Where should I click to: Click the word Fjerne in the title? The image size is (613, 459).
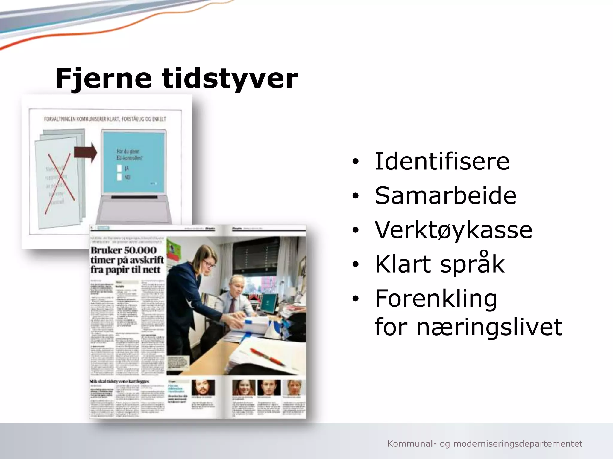(x=104, y=78)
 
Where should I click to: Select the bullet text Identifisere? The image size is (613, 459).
(x=442, y=161)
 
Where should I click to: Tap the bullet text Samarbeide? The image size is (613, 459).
(x=445, y=196)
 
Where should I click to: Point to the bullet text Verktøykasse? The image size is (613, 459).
(x=453, y=230)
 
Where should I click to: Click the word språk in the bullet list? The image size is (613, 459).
(x=472, y=264)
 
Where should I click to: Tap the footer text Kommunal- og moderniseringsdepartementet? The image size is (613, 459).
(x=485, y=444)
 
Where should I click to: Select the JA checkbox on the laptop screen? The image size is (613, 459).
(x=119, y=168)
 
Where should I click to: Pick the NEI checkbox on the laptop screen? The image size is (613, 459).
(x=119, y=177)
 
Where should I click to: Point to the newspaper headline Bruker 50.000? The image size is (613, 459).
(x=123, y=250)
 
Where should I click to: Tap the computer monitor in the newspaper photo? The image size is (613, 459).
(x=269, y=303)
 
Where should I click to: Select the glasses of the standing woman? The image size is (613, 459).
(x=209, y=263)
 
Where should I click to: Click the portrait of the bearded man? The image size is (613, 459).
(x=203, y=388)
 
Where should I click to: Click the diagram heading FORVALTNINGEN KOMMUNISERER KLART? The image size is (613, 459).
(x=105, y=119)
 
